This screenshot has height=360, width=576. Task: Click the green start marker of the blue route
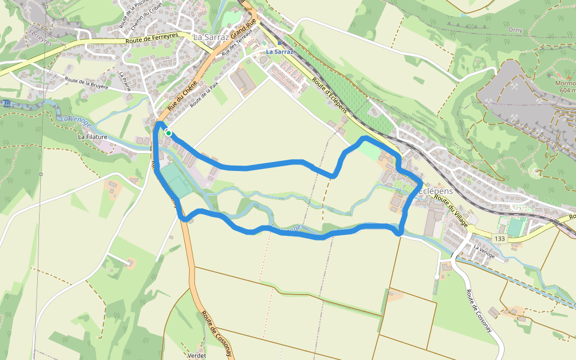point(169,133)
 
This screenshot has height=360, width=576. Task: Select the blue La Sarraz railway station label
point(280,52)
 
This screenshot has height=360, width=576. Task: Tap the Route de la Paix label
point(203,95)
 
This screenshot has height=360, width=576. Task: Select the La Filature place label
point(92,137)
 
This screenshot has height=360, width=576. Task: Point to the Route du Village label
point(451,208)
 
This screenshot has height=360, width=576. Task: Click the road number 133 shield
point(499,239)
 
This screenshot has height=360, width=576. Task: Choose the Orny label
point(515,29)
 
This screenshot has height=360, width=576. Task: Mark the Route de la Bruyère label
point(86,83)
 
